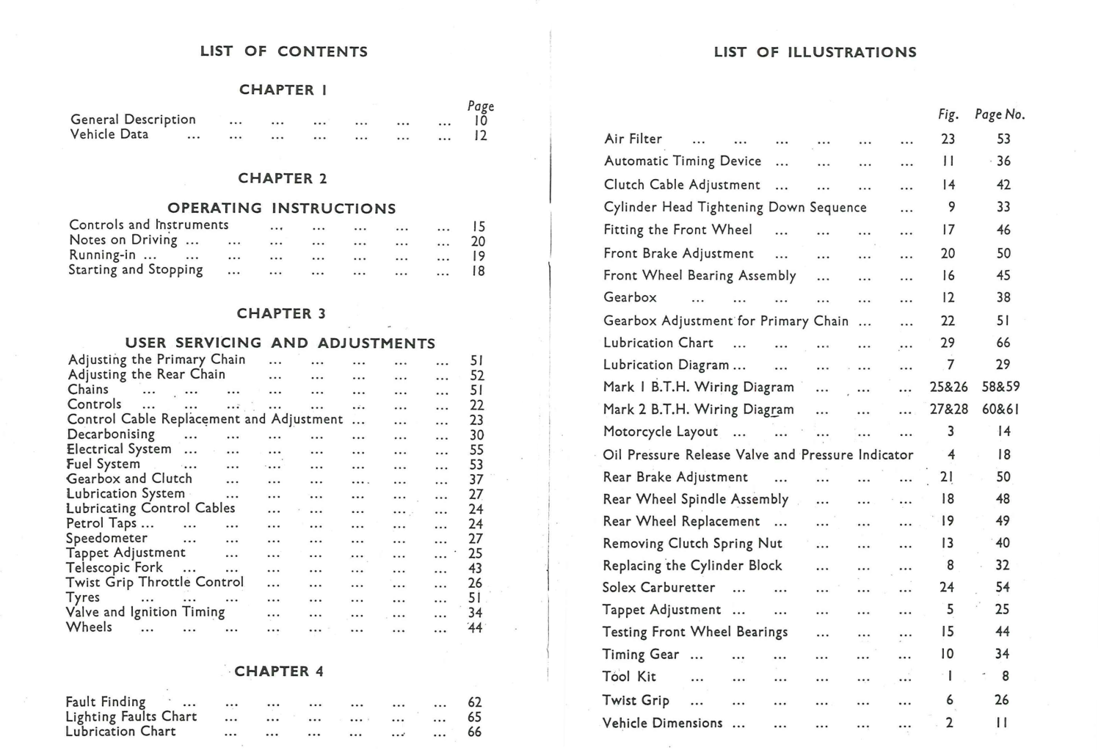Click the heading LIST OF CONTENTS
click(x=283, y=51)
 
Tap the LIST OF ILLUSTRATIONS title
click(x=815, y=52)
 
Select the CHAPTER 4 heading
click(x=279, y=671)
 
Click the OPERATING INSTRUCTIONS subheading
click(x=281, y=208)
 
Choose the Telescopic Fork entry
click(x=115, y=567)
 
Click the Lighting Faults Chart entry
click(x=131, y=716)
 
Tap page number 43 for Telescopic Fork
click(x=475, y=568)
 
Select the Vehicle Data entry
click(x=109, y=134)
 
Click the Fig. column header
click(x=948, y=114)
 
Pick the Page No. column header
click(x=1000, y=114)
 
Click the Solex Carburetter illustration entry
click(x=658, y=587)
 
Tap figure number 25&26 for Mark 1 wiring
click(x=948, y=387)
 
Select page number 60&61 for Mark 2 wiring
click(x=1000, y=409)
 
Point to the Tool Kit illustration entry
click(x=629, y=677)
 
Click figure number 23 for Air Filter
click(x=948, y=139)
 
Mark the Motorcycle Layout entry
click(x=660, y=432)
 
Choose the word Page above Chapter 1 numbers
click(x=481, y=106)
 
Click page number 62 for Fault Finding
click(x=474, y=702)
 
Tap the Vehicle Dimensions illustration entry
click(x=662, y=723)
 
